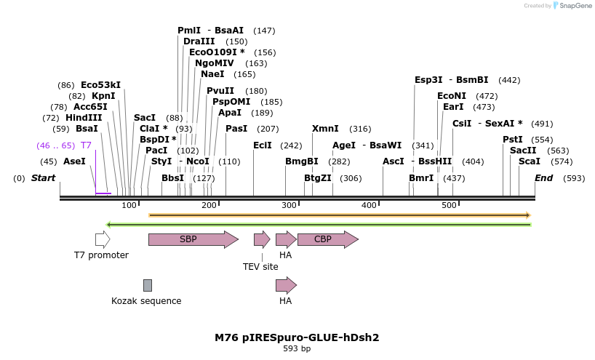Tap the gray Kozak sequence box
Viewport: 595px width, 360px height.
point(148,285)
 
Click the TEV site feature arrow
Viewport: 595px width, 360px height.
point(261,239)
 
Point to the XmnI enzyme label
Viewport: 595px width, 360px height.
point(325,129)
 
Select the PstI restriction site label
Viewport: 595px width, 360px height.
point(513,140)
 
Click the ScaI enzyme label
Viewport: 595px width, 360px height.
point(530,161)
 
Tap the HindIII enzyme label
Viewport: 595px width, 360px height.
point(84,118)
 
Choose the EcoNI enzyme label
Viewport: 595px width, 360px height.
point(452,96)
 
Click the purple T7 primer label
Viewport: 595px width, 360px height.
point(86,145)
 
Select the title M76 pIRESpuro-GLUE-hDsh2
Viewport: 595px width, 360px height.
point(297,337)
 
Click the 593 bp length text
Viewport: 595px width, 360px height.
point(297,349)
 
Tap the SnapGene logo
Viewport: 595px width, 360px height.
point(573,6)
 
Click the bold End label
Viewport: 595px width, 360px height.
point(543,178)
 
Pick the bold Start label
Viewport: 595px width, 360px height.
point(43,178)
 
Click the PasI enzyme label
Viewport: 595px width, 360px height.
point(236,129)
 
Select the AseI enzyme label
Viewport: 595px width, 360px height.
point(74,161)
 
